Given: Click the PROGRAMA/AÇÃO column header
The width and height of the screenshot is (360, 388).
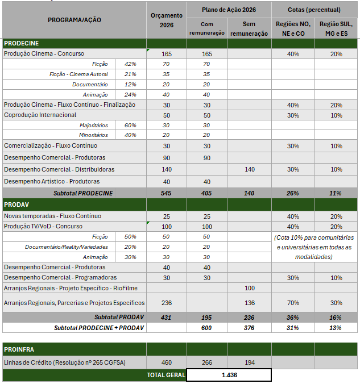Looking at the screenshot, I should pos(74,20).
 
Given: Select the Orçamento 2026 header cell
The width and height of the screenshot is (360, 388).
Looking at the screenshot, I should pos(167,20).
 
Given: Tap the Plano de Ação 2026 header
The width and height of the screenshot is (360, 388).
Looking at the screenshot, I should pos(229,10).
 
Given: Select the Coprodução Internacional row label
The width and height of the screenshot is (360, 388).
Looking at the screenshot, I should pos(40,115).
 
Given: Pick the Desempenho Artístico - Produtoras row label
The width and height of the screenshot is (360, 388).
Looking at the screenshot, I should pos(52,182).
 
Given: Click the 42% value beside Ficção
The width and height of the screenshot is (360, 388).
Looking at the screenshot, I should pos(130,64).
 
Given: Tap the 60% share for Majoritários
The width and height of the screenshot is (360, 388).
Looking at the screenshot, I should pos(130,126).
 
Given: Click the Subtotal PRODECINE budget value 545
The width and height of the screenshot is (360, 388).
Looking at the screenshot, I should pos(167,193).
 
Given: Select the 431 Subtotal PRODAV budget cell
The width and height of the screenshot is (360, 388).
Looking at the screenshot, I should pos(167,317).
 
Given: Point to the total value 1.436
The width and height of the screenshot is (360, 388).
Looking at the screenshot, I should pos(229,376).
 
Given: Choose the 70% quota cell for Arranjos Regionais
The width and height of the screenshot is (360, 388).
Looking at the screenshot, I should pos(293,303).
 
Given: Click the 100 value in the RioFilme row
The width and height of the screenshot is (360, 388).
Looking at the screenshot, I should pos(249,288).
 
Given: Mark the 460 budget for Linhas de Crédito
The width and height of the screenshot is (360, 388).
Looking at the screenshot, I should pos(167,362).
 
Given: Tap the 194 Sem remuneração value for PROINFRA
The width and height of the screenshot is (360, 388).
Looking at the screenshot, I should pos(249,362).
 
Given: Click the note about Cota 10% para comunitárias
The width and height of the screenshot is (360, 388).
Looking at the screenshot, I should pos(314,247).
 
